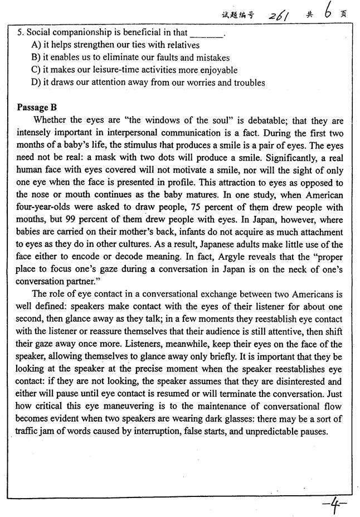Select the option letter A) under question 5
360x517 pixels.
coord(37,45)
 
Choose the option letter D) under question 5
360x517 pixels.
coord(37,83)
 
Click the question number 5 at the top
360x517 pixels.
coord(20,33)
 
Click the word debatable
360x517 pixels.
coord(265,120)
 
